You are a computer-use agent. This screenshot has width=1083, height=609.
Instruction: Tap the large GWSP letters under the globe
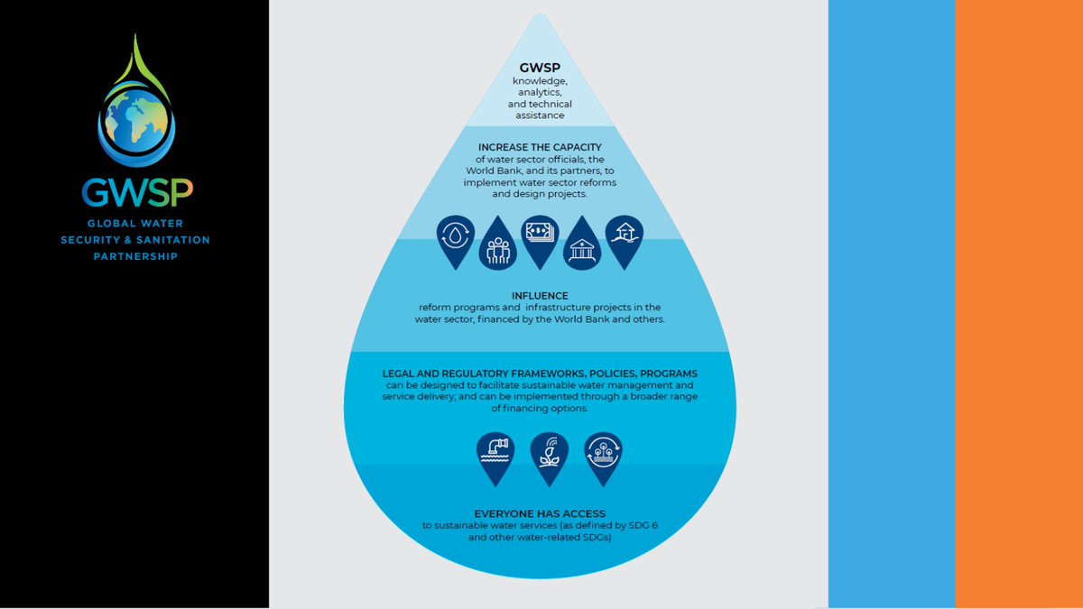pos(135,191)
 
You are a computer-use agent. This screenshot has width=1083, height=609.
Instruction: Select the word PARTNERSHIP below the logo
pos(135,256)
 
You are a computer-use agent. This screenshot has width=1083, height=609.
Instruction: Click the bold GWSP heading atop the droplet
pos(539,68)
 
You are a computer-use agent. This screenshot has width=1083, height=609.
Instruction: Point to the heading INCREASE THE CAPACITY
pos(539,146)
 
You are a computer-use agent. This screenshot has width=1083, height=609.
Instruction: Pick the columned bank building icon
pos(582,245)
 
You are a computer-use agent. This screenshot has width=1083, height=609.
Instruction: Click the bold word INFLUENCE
pos(539,295)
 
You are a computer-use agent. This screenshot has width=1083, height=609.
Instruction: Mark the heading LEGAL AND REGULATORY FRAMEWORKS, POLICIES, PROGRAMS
pos(539,374)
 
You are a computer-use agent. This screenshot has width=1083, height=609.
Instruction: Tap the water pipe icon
pos(495,451)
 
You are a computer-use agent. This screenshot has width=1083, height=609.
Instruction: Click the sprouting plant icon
pos(548,452)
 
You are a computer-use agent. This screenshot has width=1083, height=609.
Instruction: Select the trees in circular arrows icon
pos(602,451)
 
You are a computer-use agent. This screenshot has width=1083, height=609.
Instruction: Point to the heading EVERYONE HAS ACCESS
pos(539,513)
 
